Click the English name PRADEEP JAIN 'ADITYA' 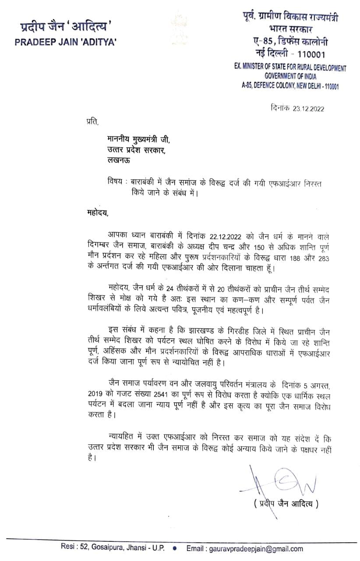(x=66, y=43)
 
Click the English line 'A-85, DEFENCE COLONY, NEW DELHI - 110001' (x=290, y=86)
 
